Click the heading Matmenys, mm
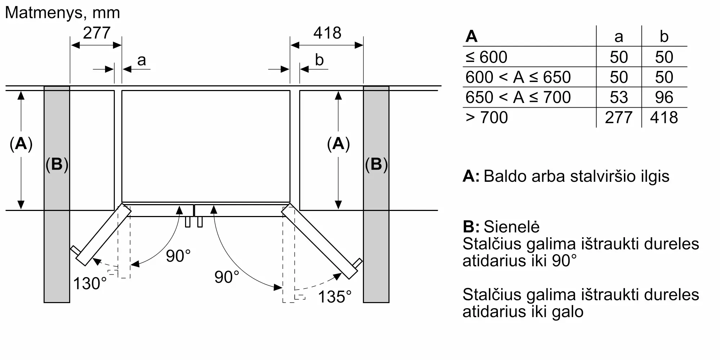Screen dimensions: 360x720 click(62, 13)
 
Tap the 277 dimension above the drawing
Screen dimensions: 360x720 click(96, 33)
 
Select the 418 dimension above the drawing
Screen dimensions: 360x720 click(327, 33)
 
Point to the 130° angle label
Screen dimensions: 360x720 click(90, 283)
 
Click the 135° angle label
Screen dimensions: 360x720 click(334, 297)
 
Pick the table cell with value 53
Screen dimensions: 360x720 click(618, 97)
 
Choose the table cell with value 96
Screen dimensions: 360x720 click(664, 97)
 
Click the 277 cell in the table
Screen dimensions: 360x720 click(618, 117)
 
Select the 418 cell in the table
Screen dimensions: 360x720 click(664, 117)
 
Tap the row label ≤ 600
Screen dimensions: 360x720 click(486, 57)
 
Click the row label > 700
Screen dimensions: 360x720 click(486, 117)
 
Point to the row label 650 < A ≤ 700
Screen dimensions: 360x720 click(518, 97)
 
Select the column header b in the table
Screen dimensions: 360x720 click(664, 37)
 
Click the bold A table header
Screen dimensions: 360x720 click(471, 37)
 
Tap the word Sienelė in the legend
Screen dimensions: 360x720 click(511, 227)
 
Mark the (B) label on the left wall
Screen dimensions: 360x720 click(57, 164)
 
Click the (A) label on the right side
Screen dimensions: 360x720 click(338, 144)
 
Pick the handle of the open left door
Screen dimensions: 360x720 click(75, 249)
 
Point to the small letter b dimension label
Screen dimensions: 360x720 click(319, 60)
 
